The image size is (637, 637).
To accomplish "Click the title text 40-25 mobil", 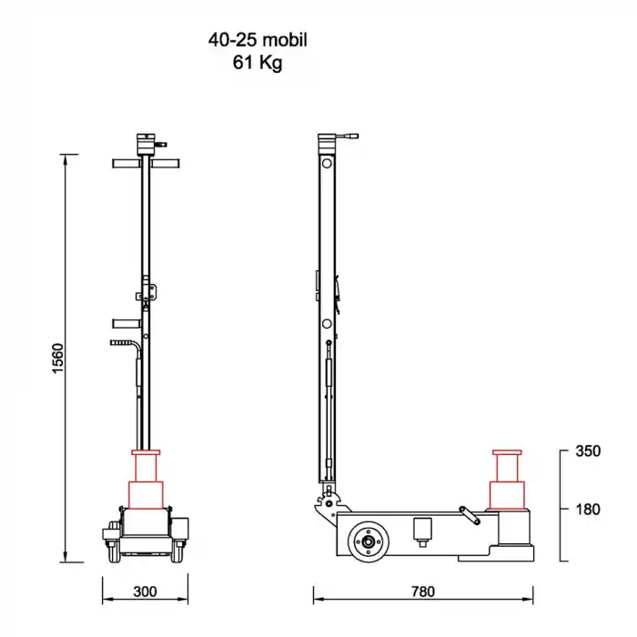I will coord(264,41).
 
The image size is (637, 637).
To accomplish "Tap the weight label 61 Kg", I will coord(264,63).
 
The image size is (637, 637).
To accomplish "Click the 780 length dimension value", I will coord(422,591).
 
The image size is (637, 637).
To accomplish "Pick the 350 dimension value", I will coord(588,451).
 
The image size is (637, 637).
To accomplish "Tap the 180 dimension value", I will coord(588,509).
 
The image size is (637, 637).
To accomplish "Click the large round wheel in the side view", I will coord(369,541).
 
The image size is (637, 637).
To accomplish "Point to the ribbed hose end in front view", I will coord(121,342).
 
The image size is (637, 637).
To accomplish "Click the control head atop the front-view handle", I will coord(146,143).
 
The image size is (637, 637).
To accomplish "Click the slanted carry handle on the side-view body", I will coord(470,515).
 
